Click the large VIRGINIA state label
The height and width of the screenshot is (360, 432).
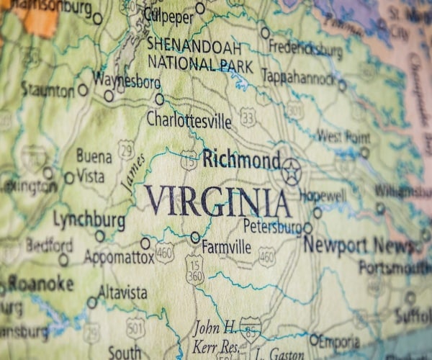[x=217, y=201]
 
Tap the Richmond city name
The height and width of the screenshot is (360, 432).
[x=241, y=159]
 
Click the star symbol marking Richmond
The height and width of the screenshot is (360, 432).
[x=291, y=171]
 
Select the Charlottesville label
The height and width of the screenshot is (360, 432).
[x=189, y=120]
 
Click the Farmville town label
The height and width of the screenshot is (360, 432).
[x=226, y=247]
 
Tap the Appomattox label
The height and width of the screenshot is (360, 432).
[x=119, y=256]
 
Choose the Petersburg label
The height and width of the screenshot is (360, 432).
[x=271, y=227]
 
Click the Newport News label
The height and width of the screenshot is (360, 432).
[x=359, y=245]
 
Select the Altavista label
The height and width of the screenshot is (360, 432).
[x=122, y=293]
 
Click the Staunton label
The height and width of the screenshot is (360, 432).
[x=48, y=90]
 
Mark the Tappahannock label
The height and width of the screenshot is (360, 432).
[x=298, y=76]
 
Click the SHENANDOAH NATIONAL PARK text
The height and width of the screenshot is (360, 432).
[x=199, y=55]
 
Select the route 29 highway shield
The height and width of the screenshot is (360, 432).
[x=126, y=150]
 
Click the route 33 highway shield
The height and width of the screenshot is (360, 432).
[x=248, y=117]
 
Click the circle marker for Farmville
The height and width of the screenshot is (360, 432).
[x=195, y=237]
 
